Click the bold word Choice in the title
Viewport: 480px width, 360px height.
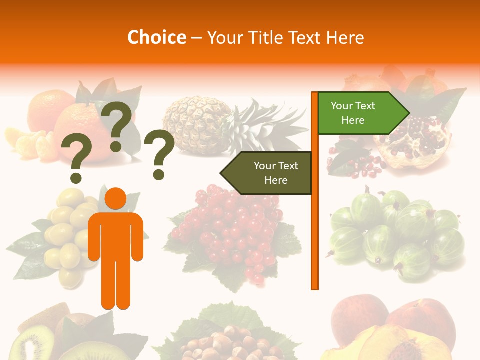pyautogui.click(x=156, y=38)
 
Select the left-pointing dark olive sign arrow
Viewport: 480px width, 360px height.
pyautogui.click(x=267, y=173)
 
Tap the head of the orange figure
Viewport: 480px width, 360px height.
pyautogui.click(x=116, y=198)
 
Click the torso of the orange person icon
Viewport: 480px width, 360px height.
pyautogui.click(x=115, y=235)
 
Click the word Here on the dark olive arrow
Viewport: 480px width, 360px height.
pyautogui.click(x=276, y=180)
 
